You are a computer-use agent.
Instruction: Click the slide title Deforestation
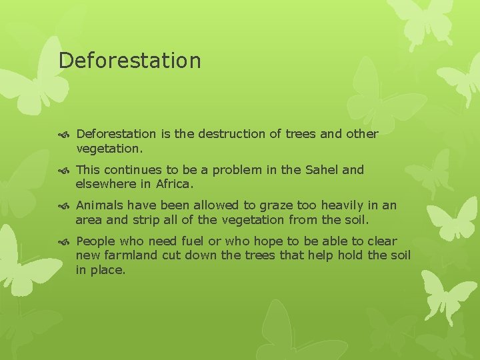point(129,61)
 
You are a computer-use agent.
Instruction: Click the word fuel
point(194,241)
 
